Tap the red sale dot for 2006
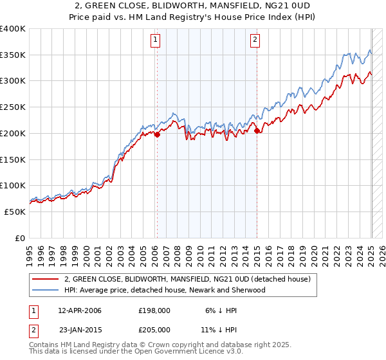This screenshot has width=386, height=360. pyautogui.click(x=156, y=134)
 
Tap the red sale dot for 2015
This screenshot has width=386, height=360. pyautogui.click(x=257, y=131)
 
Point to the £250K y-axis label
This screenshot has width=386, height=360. pyautogui.click(x=13, y=107)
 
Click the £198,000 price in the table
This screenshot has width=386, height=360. pyautogui.click(x=154, y=310)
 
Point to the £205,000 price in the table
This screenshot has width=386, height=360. pyautogui.click(x=154, y=330)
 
